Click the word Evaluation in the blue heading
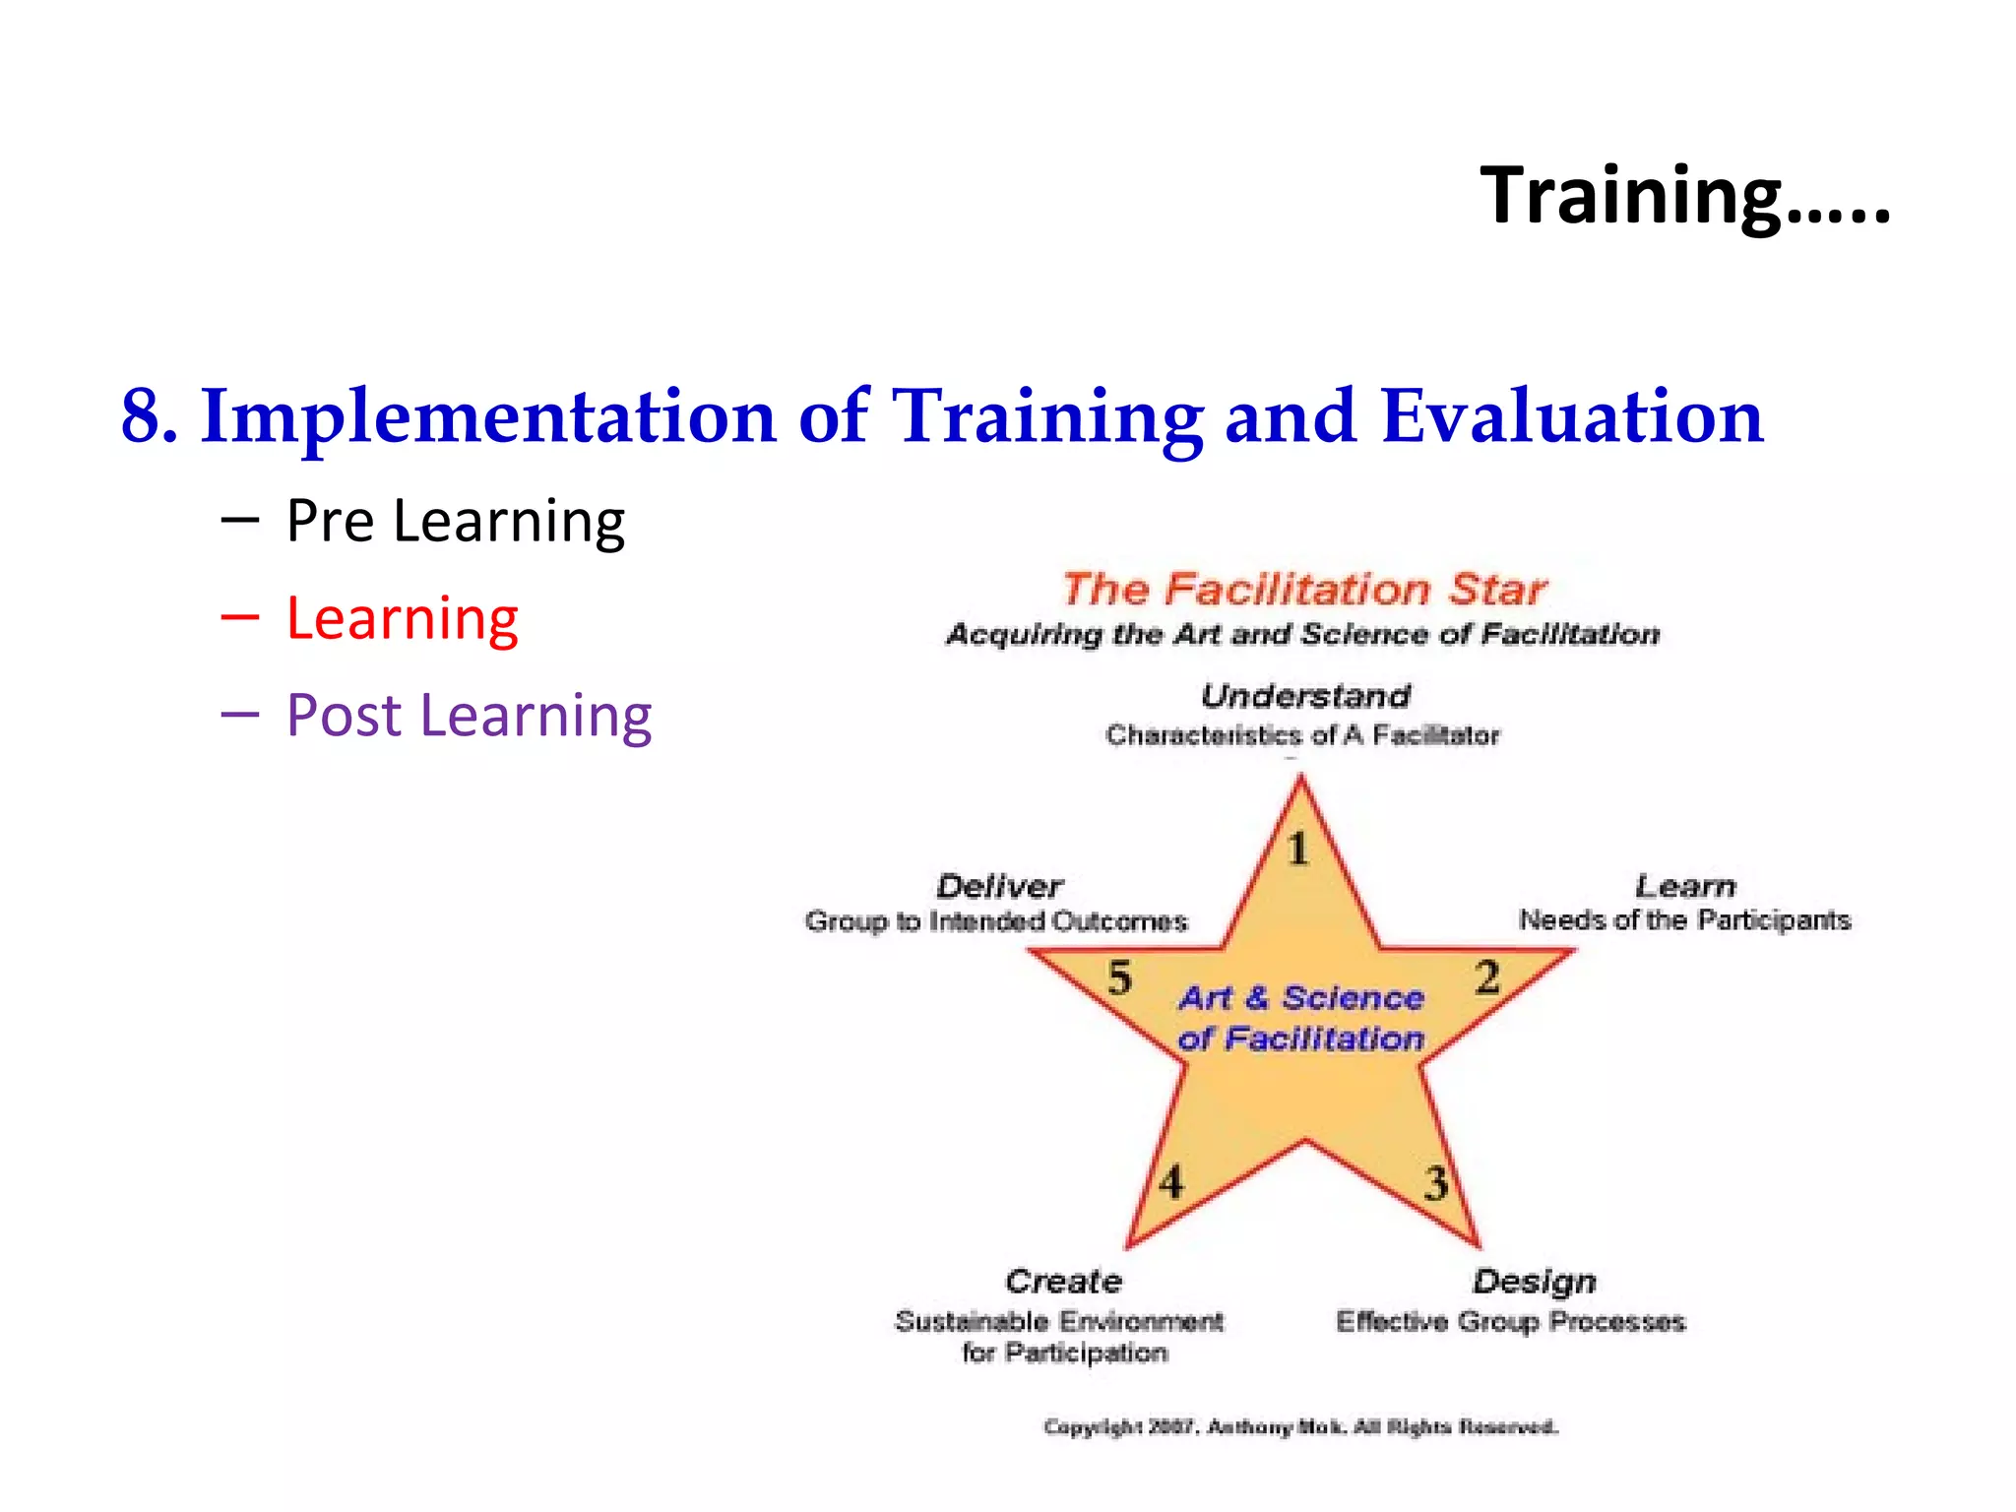[1572, 416]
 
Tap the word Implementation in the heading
[488, 416]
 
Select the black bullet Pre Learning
[455, 521]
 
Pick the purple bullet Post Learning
[469, 715]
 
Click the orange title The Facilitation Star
[1303, 589]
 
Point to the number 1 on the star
[1298, 849]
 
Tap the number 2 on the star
[1486, 977]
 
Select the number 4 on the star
[1170, 1181]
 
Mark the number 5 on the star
[1119, 977]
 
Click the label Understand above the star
[1305, 696]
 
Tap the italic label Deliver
[999, 886]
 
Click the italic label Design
[1534, 1282]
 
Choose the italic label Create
[1063, 1282]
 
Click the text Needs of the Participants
[1684, 920]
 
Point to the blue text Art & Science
[1301, 998]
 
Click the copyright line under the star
[1300, 1426]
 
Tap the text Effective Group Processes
[1510, 1321]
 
